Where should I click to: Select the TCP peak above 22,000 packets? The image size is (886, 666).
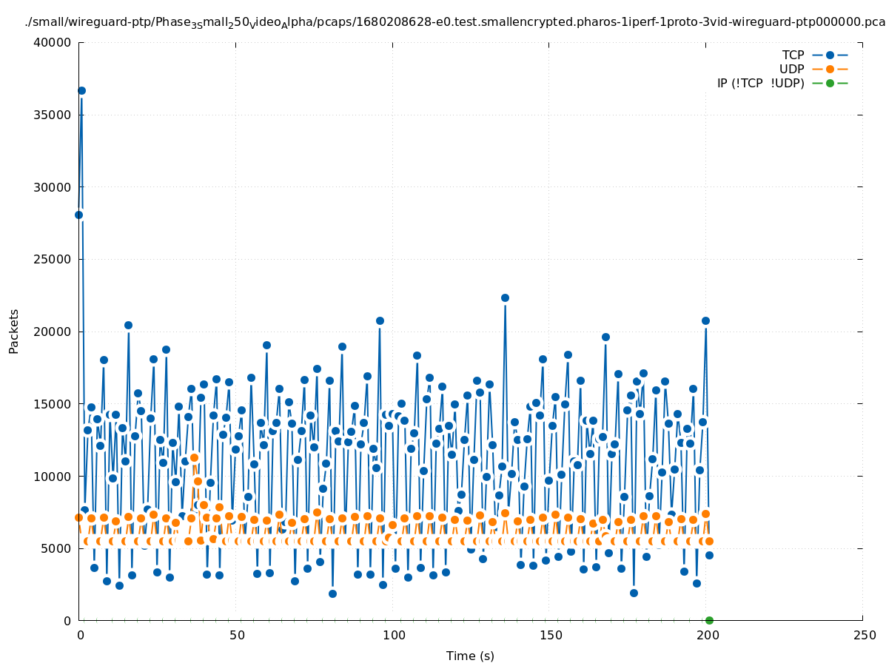point(505,297)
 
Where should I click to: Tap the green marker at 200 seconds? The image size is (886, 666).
point(709,620)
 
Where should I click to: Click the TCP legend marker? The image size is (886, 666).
point(830,55)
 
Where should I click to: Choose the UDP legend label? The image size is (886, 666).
point(791,69)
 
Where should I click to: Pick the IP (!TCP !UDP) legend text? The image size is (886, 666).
point(760,83)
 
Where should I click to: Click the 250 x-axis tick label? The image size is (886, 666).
point(864,635)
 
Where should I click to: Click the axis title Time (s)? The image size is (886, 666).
point(470,656)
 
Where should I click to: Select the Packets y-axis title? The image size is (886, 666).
point(14,331)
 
